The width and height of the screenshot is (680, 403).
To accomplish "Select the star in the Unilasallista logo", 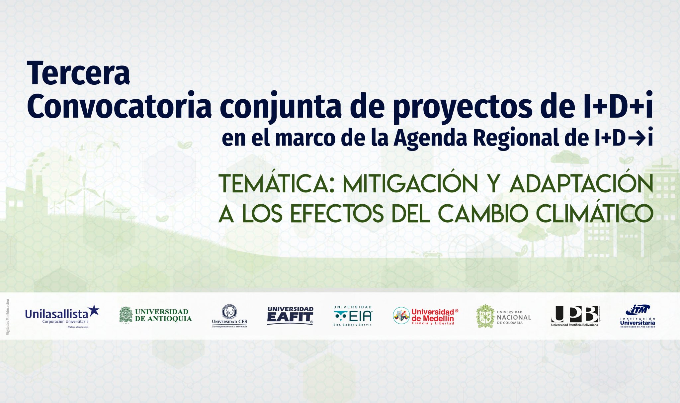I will click(x=94, y=310).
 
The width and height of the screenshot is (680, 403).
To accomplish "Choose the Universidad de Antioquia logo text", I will click(x=163, y=315).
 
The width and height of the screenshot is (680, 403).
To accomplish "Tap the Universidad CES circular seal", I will click(x=229, y=311).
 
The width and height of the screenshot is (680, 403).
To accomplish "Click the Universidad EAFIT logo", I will click(x=290, y=315).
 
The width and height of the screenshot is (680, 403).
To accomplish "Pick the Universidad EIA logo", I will click(x=353, y=316).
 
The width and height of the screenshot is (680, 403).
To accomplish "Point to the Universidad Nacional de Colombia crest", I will click(x=485, y=316).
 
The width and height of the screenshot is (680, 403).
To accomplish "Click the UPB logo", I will click(x=575, y=315).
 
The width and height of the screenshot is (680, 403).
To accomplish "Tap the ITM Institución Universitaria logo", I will click(x=637, y=316).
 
